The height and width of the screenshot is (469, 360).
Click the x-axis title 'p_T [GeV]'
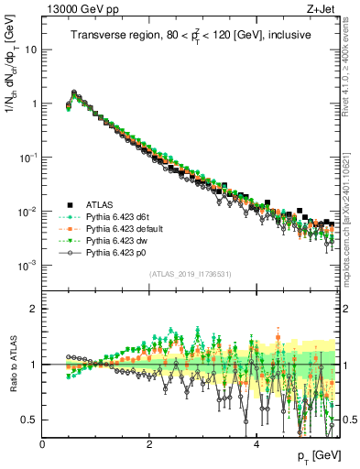pyautogui.click(x=318, y=455)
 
